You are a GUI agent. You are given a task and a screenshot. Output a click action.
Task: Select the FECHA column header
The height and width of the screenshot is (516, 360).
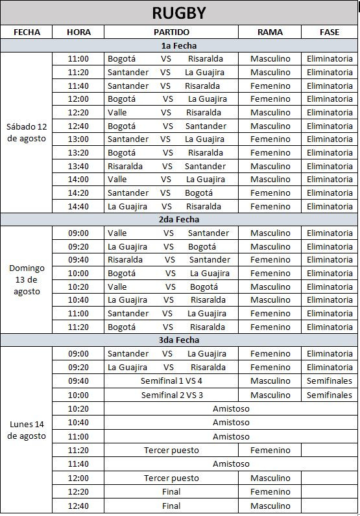pyautogui.click(x=27, y=32)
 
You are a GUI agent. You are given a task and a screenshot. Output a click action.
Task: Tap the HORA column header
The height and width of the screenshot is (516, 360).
pyautogui.click(x=78, y=32)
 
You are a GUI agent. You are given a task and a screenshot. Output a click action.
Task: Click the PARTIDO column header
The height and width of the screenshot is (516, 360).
pyautogui.click(x=171, y=32)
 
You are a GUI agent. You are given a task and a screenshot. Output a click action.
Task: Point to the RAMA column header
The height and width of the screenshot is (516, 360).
pyautogui.click(x=270, y=32)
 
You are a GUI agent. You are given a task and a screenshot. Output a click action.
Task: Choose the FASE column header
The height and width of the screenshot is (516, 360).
pyautogui.click(x=330, y=32)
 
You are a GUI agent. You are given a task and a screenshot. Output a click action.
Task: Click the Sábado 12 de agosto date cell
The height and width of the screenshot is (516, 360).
pyautogui.click(x=27, y=132)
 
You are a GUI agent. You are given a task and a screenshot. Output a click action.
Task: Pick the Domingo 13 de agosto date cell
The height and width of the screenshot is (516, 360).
pyautogui.click(x=27, y=279)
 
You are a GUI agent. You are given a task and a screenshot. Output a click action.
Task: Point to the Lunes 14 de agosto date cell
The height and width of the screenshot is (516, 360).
pyautogui.click(x=27, y=430)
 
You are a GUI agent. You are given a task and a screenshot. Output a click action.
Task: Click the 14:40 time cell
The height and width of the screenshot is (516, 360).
pyautogui.click(x=78, y=206)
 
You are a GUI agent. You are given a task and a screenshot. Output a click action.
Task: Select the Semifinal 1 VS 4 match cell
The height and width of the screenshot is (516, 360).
pyautogui.click(x=171, y=381)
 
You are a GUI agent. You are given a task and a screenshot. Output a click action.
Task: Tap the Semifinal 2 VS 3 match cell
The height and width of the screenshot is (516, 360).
pyautogui.click(x=171, y=395)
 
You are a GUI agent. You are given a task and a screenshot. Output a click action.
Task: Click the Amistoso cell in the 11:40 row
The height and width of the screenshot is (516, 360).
pyautogui.click(x=231, y=463)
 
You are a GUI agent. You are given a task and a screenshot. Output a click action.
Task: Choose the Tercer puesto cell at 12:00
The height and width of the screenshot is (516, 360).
pyautogui.click(x=171, y=478)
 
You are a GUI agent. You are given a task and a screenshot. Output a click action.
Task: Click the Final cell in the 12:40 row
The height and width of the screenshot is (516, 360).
pyautogui.click(x=171, y=506)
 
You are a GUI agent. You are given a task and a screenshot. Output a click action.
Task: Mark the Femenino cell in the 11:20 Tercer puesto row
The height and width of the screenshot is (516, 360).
pyautogui.click(x=270, y=450)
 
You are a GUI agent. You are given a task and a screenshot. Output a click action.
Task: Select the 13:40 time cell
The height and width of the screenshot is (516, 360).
pyautogui.click(x=78, y=166)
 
